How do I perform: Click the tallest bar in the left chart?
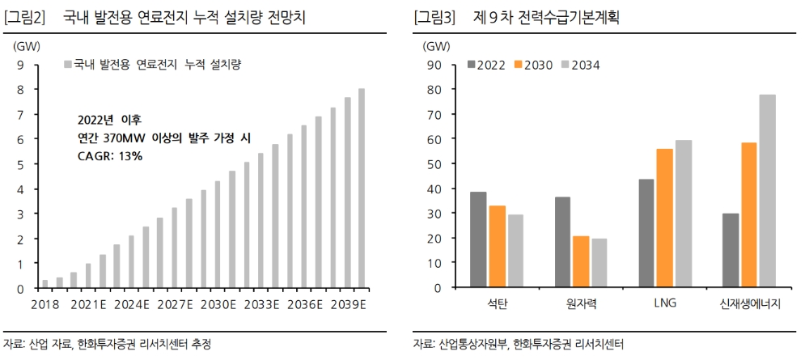tap(362, 188)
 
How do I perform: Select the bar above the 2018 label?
tap(45, 283)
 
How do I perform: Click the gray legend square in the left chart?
tap(68, 65)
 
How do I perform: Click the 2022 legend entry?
tap(487, 65)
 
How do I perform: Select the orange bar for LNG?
tap(664, 218)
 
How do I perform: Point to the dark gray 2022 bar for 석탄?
tap(478, 239)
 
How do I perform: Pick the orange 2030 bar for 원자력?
tap(579, 261)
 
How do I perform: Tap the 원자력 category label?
tap(579, 303)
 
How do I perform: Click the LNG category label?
tap(664, 303)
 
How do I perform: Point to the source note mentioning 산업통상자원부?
tap(518, 344)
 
